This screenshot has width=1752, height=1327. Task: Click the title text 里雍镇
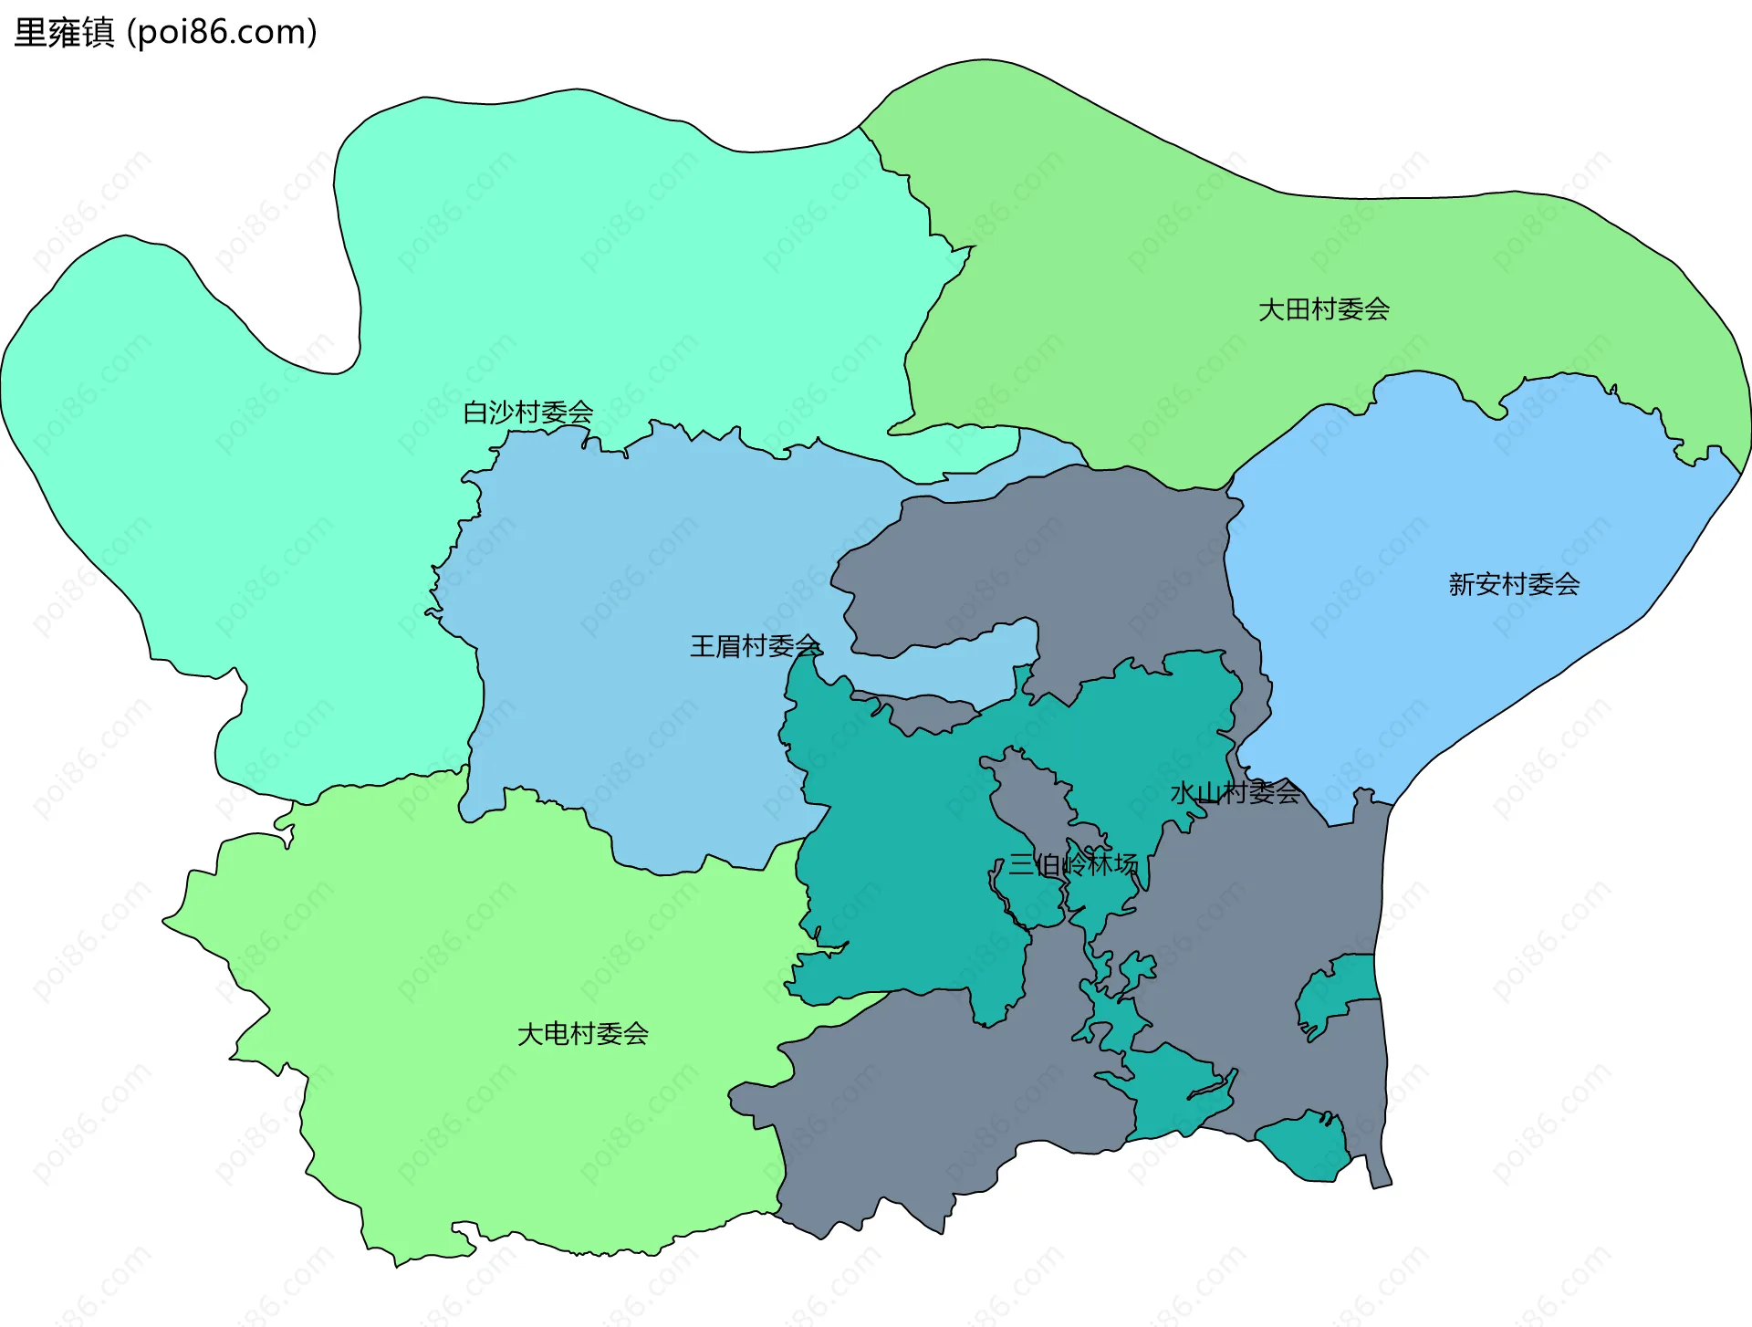[64, 33]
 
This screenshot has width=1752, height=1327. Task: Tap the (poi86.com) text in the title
[222, 33]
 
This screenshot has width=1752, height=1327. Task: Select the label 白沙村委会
[528, 413]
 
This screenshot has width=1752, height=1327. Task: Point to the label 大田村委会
[1324, 310]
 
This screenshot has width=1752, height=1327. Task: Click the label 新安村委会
[1514, 584]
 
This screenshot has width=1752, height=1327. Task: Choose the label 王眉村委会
[756, 646]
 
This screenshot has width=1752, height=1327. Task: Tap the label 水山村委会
[1236, 792]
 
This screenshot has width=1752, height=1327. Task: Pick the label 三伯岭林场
[1073, 863]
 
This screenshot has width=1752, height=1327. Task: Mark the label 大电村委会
[583, 1034]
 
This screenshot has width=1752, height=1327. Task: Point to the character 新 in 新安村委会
[1462, 584]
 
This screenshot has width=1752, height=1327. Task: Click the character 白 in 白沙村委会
[475, 413]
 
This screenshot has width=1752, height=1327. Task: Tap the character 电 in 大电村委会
[557, 1034]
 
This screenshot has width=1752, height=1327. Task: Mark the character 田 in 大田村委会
[1298, 310]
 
